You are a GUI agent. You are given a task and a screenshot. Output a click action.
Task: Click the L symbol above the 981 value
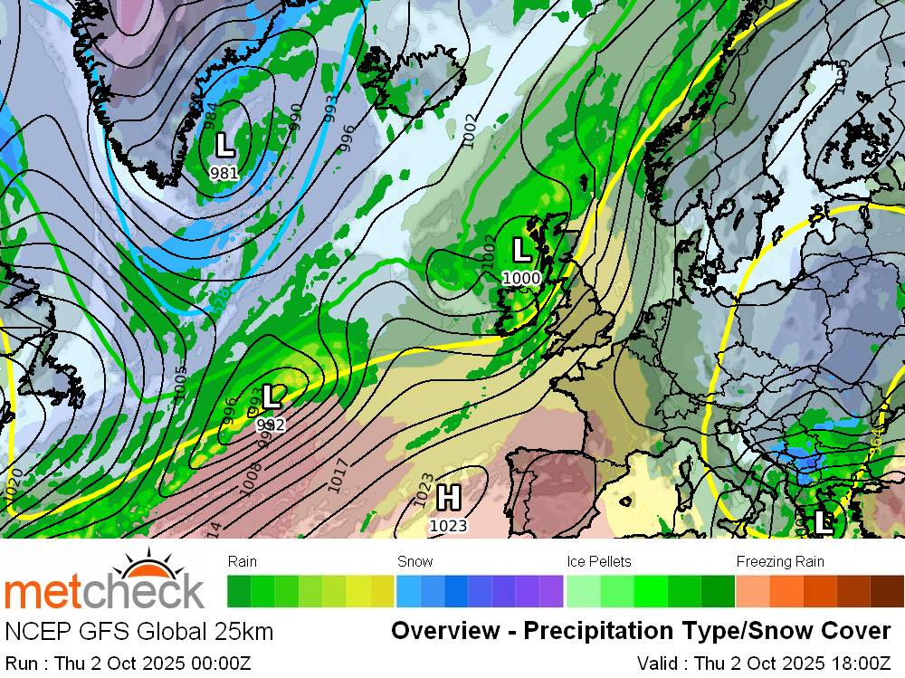click(224, 144)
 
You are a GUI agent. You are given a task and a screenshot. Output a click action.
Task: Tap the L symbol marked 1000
click(521, 250)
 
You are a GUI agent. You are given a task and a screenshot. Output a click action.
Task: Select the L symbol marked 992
click(271, 396)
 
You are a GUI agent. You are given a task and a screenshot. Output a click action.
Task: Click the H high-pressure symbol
click(447, 497)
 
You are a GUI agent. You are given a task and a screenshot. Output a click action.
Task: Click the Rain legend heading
click(243, 561)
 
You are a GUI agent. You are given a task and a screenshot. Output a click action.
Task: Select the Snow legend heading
click(415, 561)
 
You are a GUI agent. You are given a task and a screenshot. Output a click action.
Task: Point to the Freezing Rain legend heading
click(780, 561)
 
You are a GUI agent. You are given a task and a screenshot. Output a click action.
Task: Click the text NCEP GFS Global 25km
click(138, 631)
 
